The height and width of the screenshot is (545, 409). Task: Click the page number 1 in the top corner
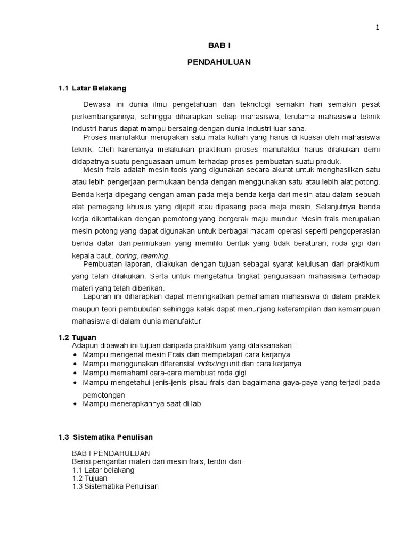pos(378,28)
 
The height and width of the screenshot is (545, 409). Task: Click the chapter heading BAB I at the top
pos(219,46)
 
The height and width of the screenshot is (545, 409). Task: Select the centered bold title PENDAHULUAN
pos(219,62)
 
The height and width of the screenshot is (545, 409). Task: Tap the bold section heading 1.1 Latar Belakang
pos(92,88)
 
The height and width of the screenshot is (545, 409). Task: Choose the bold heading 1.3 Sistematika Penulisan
pos(105,437)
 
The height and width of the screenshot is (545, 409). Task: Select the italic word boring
pos(126,257)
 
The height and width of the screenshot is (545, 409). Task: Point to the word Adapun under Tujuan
pos(84,346)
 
